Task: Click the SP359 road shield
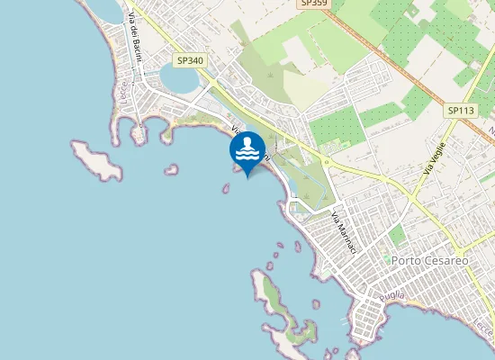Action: click(x=313, y=4)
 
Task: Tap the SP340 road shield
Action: click(x=191, y=60)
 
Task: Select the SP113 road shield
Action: click(x=460, y=110)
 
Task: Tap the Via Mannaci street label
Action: click(x=345, y=232)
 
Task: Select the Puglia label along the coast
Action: click(x=391, y=297)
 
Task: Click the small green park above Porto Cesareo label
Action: click(x=397, y=236)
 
